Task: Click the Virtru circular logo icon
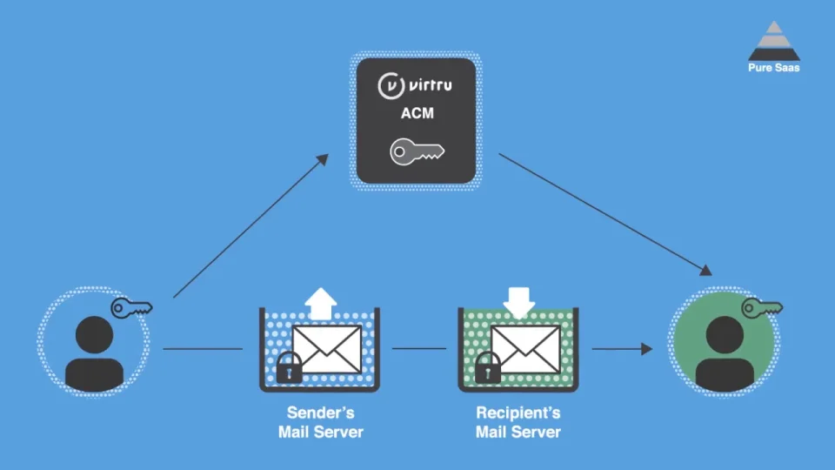[391, 86]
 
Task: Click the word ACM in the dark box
[417, 113]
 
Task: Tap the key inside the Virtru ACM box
[417, 151]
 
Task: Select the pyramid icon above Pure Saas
[774, 41]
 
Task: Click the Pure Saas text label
[774, 68]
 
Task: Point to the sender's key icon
[131, 308]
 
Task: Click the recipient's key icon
[762, 308]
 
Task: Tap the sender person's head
[94, 334]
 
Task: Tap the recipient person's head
[725, 334]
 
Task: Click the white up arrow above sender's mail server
[321, 304]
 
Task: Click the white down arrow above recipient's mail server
[518, 303]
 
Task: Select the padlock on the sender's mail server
[289, 367]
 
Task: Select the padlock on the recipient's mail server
[487, 367]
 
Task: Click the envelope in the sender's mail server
[327, 350]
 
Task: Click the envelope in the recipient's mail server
[525, 350]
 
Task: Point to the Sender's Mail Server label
[321, 422]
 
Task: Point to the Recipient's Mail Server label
[518, 422]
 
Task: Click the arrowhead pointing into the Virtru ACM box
[323, 159]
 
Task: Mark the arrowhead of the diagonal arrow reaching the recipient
[705, 270]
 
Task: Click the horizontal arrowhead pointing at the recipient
[646, 349]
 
